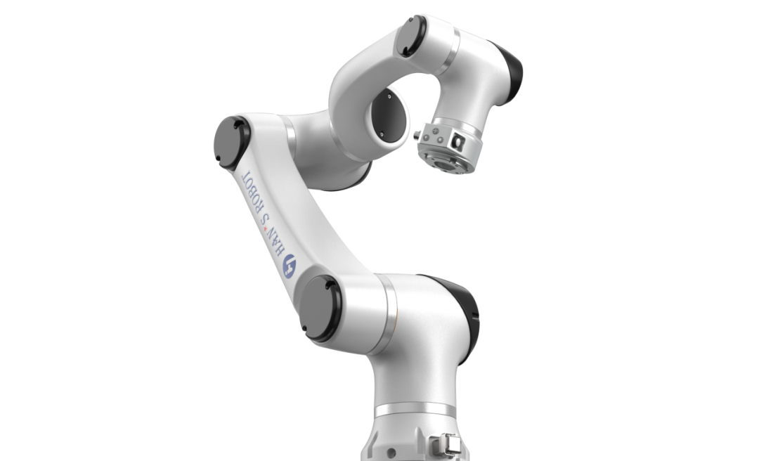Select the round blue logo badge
290,266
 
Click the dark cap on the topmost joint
411,36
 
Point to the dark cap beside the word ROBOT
231,143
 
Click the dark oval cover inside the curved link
388,116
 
